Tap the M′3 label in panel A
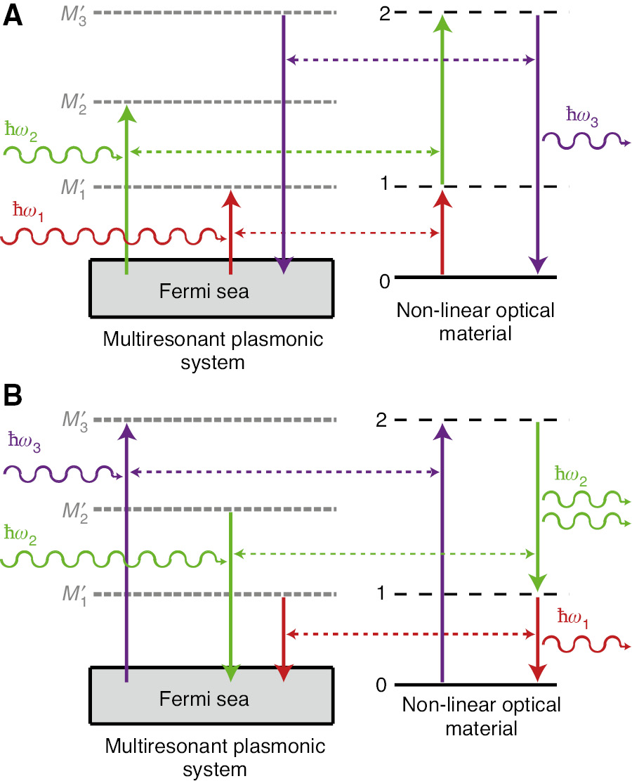click(73, 16)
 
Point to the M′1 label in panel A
click(73, 189)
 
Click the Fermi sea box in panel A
click(211, 289)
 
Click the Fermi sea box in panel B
click(211, 697)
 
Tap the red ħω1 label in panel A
click(28, 209)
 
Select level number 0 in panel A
click(383, 282)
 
